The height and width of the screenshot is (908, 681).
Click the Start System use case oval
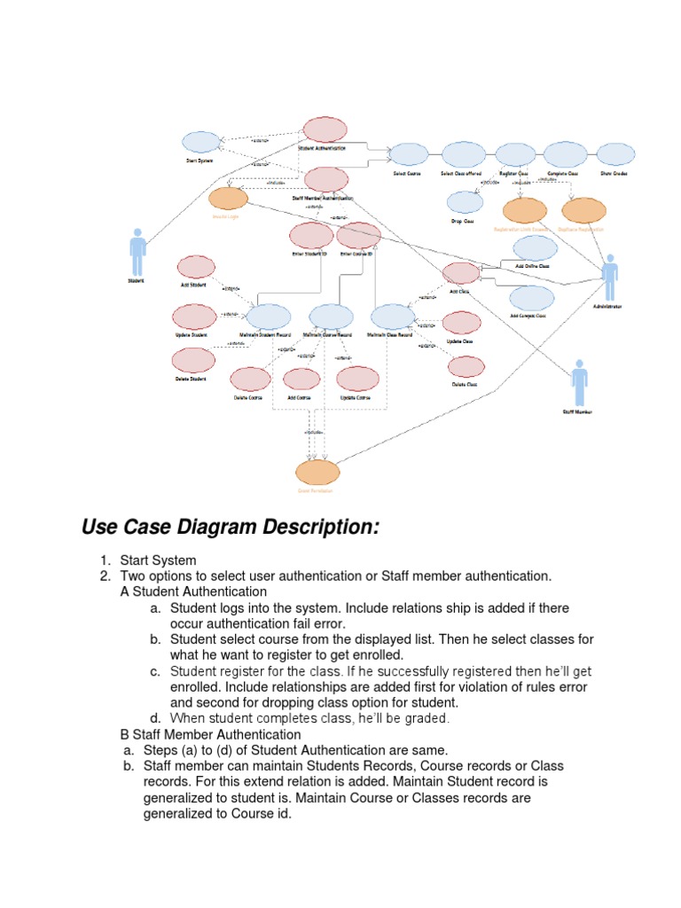201,142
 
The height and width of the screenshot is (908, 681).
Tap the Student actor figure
137,254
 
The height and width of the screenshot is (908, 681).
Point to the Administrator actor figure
610,278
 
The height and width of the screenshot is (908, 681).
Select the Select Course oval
408,154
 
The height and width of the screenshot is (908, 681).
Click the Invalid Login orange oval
228,200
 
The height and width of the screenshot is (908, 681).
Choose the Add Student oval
196,267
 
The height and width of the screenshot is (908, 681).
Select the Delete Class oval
466,367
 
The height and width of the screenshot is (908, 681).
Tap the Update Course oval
357,379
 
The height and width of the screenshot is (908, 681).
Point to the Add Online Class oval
534,248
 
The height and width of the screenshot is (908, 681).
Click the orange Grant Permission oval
317,473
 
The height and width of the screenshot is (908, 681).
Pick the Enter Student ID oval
310,236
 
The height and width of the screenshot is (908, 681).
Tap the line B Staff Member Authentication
210,734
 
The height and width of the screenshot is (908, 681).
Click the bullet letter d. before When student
156,718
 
